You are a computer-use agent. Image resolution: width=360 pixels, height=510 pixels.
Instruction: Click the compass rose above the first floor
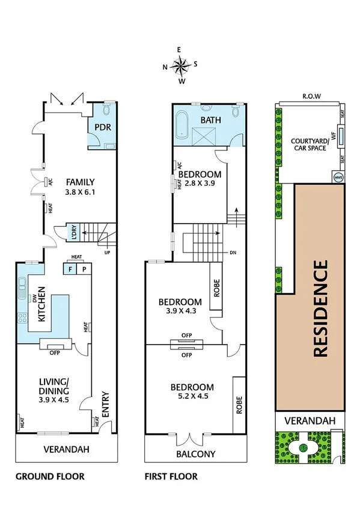point(180,64)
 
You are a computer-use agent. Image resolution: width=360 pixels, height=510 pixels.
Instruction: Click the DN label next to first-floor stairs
point(233,253)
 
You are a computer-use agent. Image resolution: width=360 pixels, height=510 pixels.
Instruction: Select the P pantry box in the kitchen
point(84,269)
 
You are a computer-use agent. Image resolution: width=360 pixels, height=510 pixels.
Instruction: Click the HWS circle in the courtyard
point(338,177)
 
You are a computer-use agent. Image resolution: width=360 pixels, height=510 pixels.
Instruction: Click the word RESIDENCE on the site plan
point(321,309)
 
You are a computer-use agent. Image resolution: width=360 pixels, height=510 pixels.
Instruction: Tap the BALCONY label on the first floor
point(195,454)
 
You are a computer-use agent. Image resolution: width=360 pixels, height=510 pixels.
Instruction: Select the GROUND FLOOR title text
point(49,476)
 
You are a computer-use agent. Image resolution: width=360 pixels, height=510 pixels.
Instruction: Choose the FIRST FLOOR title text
point(171,476)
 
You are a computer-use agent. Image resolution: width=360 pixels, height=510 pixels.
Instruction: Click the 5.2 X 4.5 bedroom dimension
point(192,396)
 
